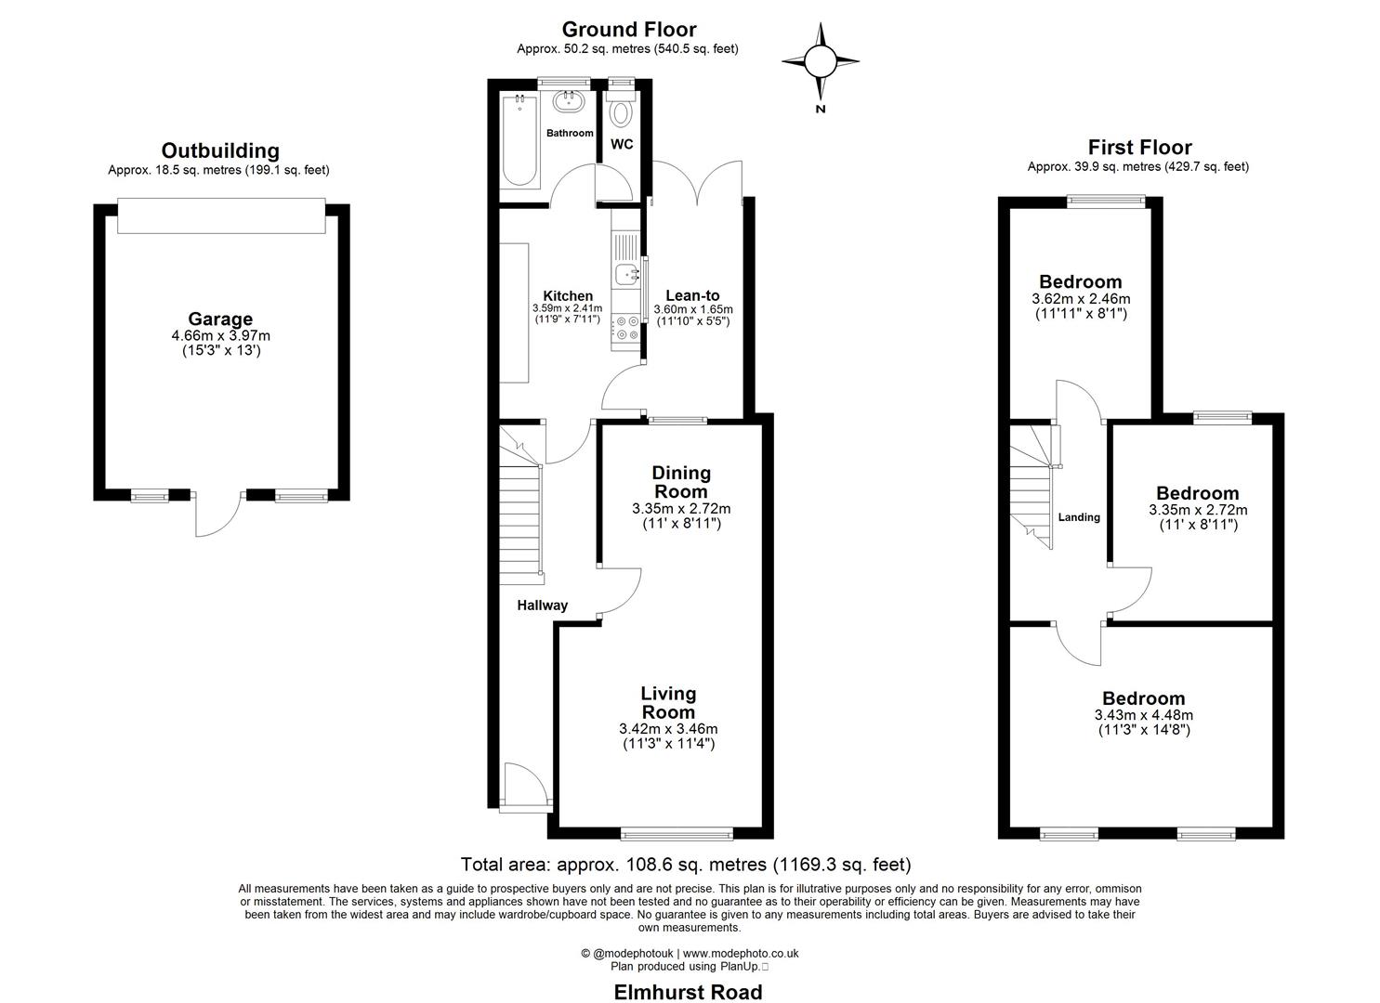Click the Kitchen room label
pos(567,296)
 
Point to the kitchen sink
pos(627,273)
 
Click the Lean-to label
pos(692,296)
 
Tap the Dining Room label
pos(681,482)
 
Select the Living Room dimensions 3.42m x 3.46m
pos(668,729)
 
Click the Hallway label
pos(542,606)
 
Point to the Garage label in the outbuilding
pos(220,319)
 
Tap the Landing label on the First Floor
pos(1079,517)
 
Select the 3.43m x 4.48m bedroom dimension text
pos(1143,715)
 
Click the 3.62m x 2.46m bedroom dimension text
pos(1081,299)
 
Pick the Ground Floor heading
pos(628,30)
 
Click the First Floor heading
pos(1139,147)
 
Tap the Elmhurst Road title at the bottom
pos(688,992)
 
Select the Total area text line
pos(686,865)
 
